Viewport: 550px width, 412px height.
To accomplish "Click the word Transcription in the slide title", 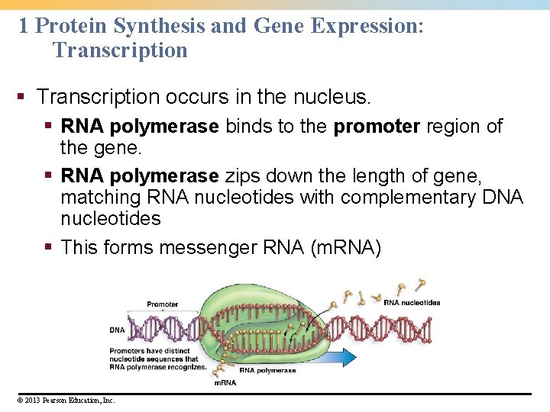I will point(120,50).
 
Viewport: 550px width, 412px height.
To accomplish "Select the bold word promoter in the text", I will point(377,126).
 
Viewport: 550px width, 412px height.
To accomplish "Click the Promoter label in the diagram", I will point(162,304).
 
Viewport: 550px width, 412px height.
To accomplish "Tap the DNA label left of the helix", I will point(116,330).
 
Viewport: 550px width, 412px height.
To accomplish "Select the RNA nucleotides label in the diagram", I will point(412,302).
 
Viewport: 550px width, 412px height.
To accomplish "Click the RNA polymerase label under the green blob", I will point(267,370).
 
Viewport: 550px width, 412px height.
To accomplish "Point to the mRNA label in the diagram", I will point(225,382).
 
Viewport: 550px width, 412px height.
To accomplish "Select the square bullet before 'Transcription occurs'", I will point(23,98).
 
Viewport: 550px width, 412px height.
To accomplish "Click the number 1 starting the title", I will point(23,26).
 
